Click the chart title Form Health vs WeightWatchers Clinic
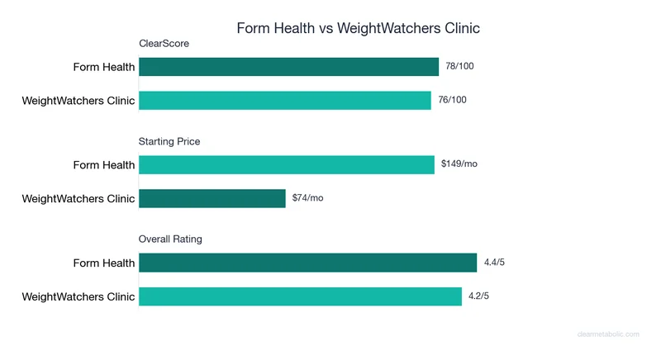(x=358, y=28)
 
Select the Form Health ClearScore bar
(x=288, y=67)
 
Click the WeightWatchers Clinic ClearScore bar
(x=285, y=100)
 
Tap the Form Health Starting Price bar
(x=287, y=164)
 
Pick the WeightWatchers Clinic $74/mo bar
(x=212, y=198)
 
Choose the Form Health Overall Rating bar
(x=307, y=263)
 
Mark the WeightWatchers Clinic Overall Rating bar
(x=300, y=296)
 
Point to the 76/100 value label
(x=453, y=100)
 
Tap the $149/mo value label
(x=459, y=164)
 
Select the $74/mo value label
(x=308, y=198)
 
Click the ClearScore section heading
(x=164, y=44)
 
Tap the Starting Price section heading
(x=169, y=141)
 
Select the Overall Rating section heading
(x=170, y=239)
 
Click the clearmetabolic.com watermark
(x=608, y=334)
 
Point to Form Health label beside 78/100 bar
(x=103, y=67)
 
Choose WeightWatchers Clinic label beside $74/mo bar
(x=78, y=198)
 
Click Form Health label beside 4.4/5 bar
(x=103, y=263)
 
